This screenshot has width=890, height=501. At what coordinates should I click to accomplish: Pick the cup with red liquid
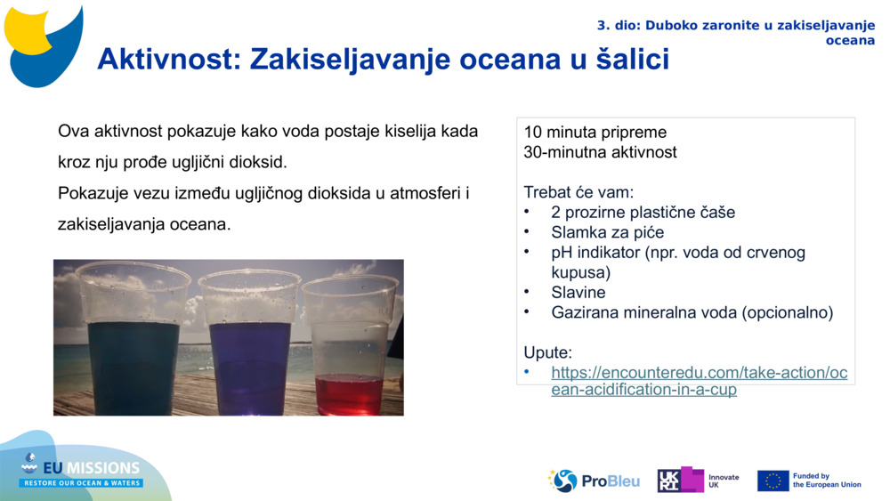click(x=349, y=356)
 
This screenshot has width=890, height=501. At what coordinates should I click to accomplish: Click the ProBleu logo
click(x=594, y=481)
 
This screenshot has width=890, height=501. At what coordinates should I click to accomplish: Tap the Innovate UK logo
click(x=698, y=481)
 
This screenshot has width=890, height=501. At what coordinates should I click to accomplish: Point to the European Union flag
click(x=773, y=481)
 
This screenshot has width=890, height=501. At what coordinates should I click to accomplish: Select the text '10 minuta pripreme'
click(x=595, y=133)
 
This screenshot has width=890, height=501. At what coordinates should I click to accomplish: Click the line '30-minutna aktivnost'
click(x=600, y=152)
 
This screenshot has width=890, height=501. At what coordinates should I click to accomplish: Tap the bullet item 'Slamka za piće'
click(x=607, y=232)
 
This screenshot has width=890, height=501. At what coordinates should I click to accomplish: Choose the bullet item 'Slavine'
click(x=578, y=292)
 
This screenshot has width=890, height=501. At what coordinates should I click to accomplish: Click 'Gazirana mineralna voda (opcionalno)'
click(x=692, y=312)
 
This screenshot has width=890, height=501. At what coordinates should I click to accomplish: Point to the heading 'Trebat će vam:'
click(x=578, y=192)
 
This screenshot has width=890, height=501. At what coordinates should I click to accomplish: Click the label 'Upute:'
click(x=547, y=352)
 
